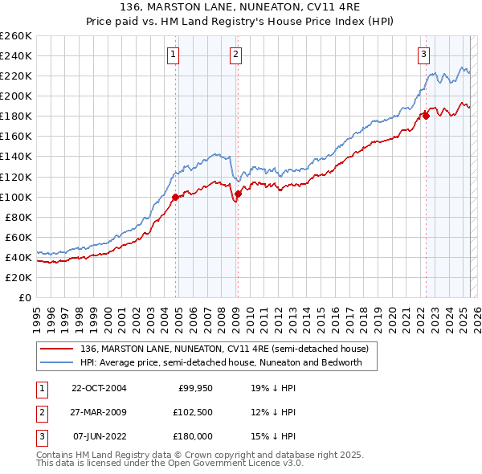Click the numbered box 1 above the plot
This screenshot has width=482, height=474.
click(174, 55)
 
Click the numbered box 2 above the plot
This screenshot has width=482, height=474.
click(236, 55)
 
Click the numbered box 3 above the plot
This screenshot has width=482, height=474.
click(423, 55)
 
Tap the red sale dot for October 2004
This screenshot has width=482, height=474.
click(175, 196)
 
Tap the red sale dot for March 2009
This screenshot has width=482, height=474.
click(238, 194)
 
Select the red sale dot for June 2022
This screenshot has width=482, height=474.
click(426, 116)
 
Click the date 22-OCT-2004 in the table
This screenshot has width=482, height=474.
click(99, 387)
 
